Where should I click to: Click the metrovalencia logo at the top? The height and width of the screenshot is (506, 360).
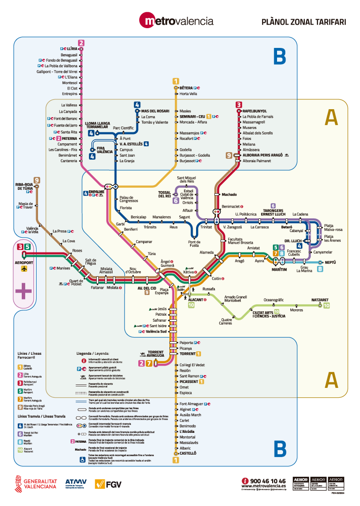coord(176,21)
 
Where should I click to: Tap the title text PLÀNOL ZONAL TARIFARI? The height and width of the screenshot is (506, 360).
coord(303,22)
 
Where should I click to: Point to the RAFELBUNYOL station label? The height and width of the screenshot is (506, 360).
coord(254,111)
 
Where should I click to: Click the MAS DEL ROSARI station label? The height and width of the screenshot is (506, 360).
coord(155,111)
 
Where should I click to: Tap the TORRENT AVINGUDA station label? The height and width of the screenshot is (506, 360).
coord(156,354)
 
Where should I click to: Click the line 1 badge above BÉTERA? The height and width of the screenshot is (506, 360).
coord(175,81)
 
